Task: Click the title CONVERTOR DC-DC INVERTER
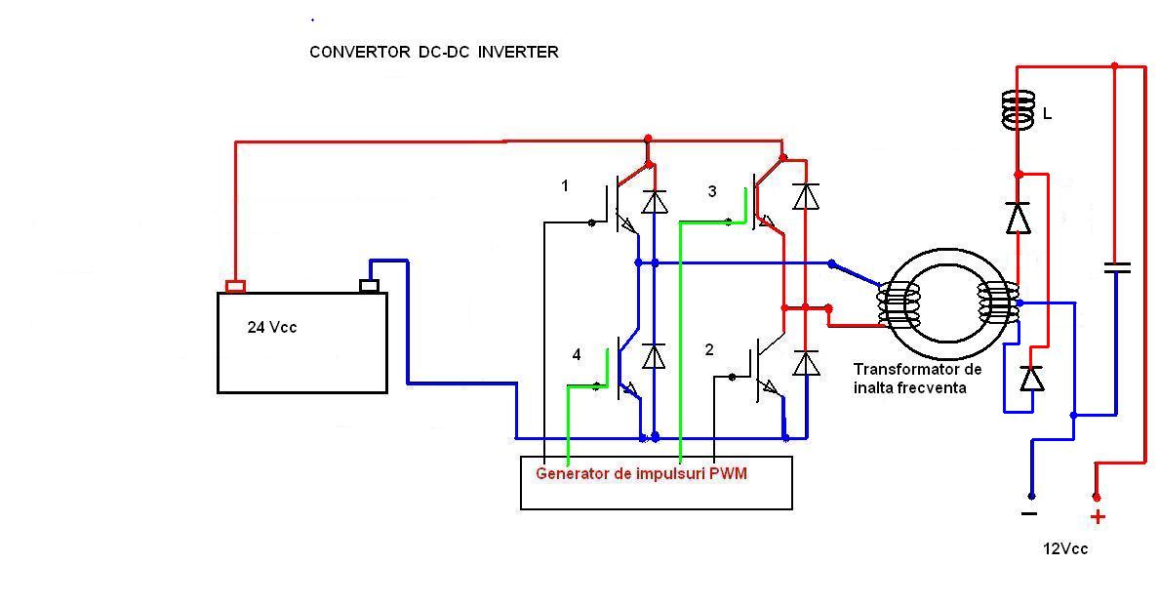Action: pos(433,53)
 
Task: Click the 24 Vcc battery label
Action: pos(271,328)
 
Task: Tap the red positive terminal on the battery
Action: pos(235,286)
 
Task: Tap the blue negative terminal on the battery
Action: pos(369,285)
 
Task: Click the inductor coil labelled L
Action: pos(1018,109)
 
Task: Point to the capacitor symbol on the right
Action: pos(1116,266)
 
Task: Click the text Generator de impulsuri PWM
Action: pos(641,473)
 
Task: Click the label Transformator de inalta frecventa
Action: pos(917,379)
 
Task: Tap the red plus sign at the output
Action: pos(1098,517)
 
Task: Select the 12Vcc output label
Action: pos(1064,549)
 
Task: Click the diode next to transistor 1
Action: pos(655,201)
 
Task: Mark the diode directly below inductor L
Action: pos(1018,218)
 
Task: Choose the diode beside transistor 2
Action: pos(805,364)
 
